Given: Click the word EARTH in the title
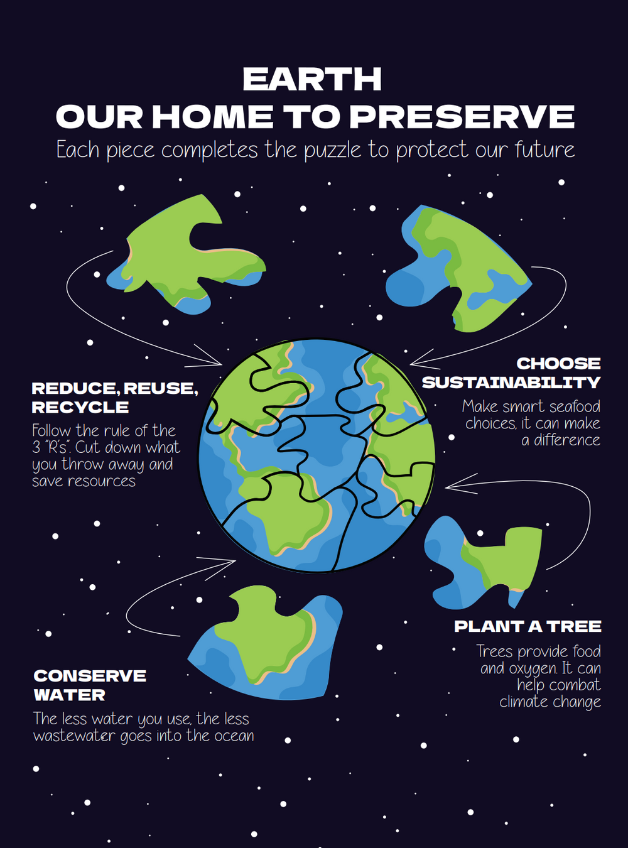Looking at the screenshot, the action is click(x=312, y=79).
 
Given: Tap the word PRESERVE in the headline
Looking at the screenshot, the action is click(x=462, y=116).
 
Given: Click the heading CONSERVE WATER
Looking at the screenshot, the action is click(x=90, y=685).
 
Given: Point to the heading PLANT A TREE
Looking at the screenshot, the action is click(x=528, y=626).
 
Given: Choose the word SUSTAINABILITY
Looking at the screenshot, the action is click(x=511, y=383).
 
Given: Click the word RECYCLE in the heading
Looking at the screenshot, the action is click(x=80, y=407).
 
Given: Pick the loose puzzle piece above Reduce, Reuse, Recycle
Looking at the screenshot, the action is click(x=186, y=254).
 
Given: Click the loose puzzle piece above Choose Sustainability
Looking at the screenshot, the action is click(x=458, y=268).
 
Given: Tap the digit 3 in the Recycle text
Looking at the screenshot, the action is click(x=36, y=448).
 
